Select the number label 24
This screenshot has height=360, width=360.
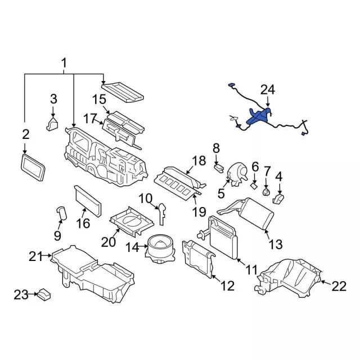pos(268,89)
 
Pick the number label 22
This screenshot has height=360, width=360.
pos(339,286)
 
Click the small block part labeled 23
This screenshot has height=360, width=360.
pos(44,294)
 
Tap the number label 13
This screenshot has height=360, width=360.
pos(276,245)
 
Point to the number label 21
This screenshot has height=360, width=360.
pos(37,257)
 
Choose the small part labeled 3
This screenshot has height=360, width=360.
pos(52,123)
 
